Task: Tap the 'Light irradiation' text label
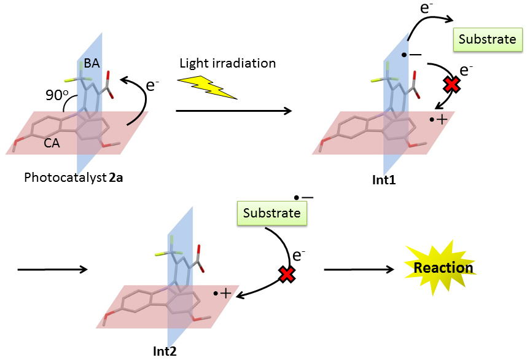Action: pyautogui.click(x=227, y=63)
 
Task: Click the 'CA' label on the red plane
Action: pyautogui.click(x=52, y=143)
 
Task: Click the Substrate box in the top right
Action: pyautogui.click(x=488, y=39)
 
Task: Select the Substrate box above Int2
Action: pyautogui.click(x=271, y=213)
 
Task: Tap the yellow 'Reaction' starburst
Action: pyautogui.click(x=443, y=268)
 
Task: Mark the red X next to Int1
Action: pyautogui.click(x=451, y=85)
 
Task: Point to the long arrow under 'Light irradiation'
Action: pyautogui.click(x=233, y=111)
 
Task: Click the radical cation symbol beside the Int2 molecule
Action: pyautogui.click(x=222, y=294)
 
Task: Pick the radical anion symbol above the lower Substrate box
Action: pyautogui.click(x=303, y=197)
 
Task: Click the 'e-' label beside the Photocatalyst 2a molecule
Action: pyautogui.click(x=154, y=85)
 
